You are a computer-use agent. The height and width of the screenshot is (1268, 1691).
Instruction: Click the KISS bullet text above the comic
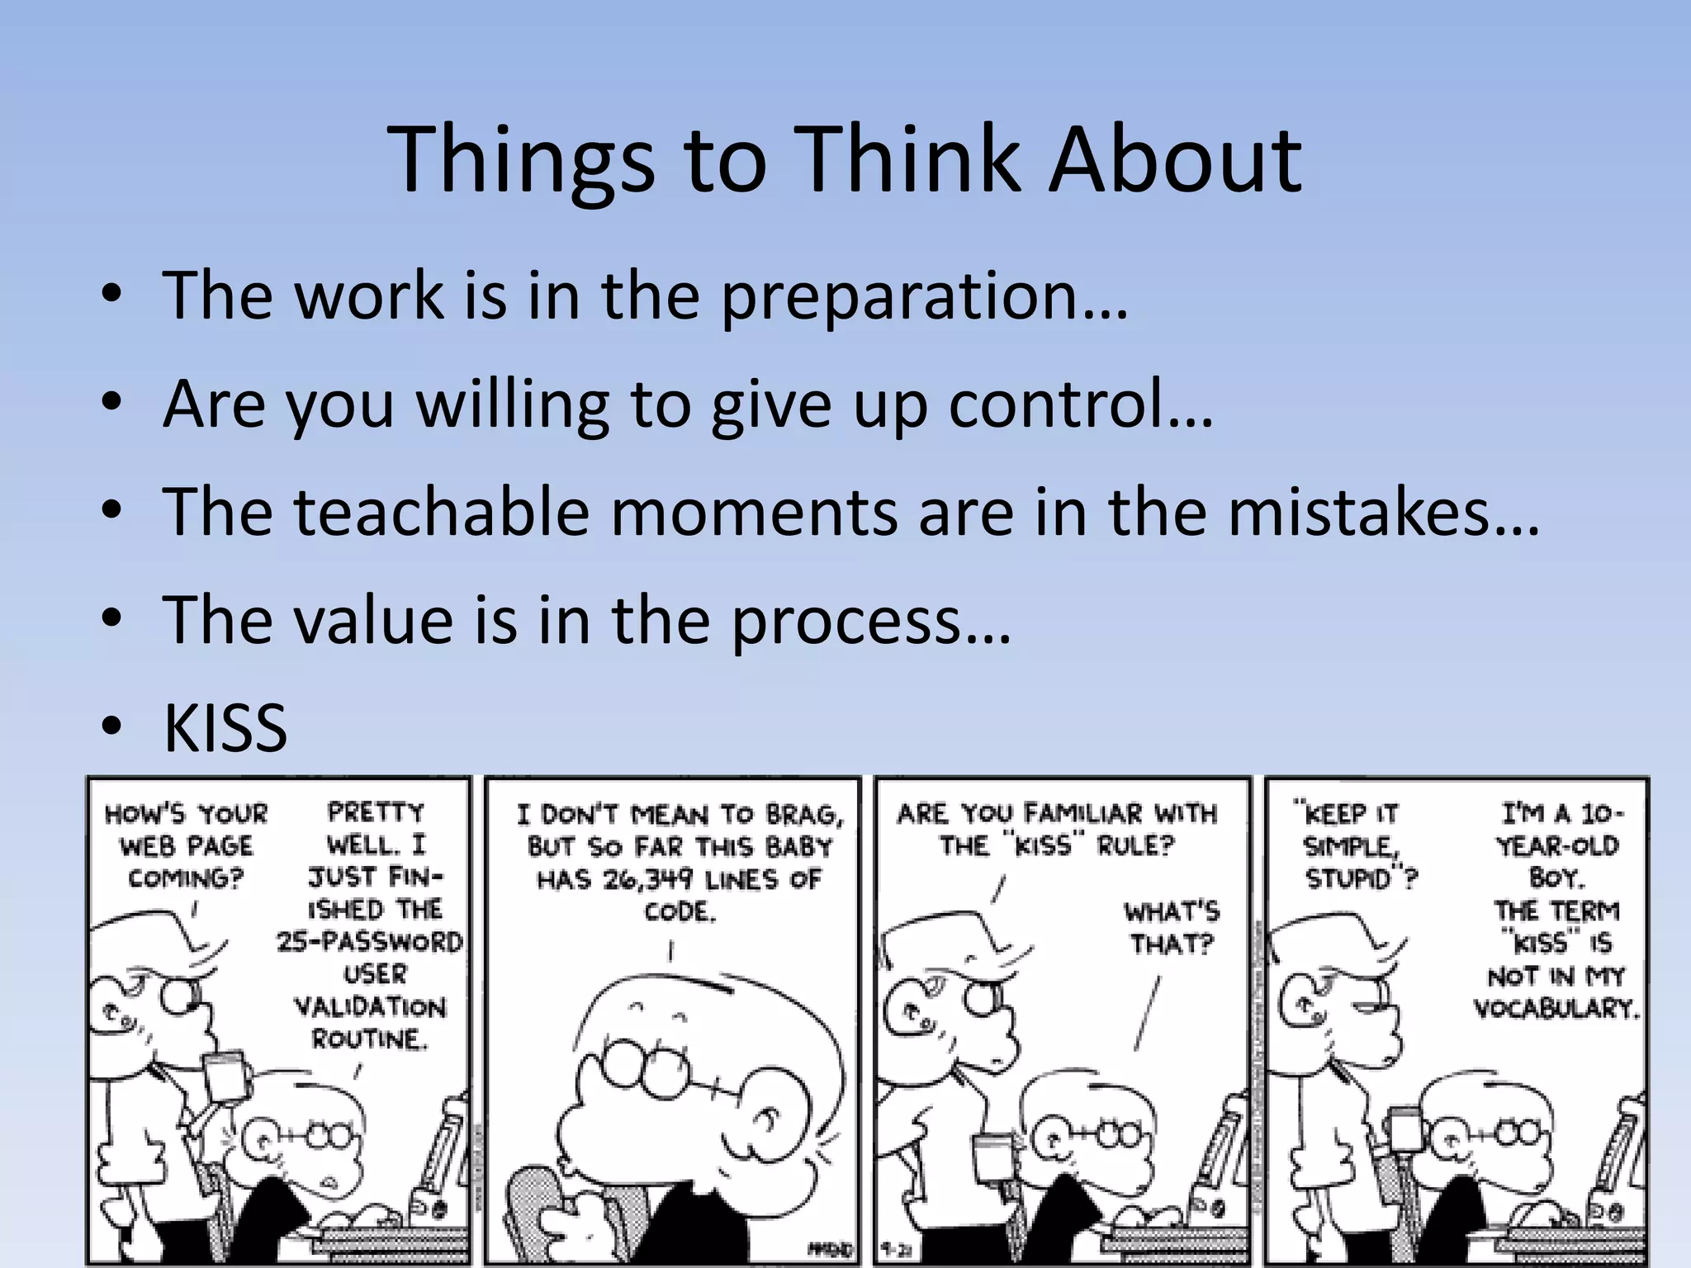225,728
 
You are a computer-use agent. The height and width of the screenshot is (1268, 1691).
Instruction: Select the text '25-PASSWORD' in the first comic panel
369,942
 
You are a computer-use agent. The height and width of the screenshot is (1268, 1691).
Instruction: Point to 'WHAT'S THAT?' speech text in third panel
1172,928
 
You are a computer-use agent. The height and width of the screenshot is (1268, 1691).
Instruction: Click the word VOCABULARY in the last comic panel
1556,1008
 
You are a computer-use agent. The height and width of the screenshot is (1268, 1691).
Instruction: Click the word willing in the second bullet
512,405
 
